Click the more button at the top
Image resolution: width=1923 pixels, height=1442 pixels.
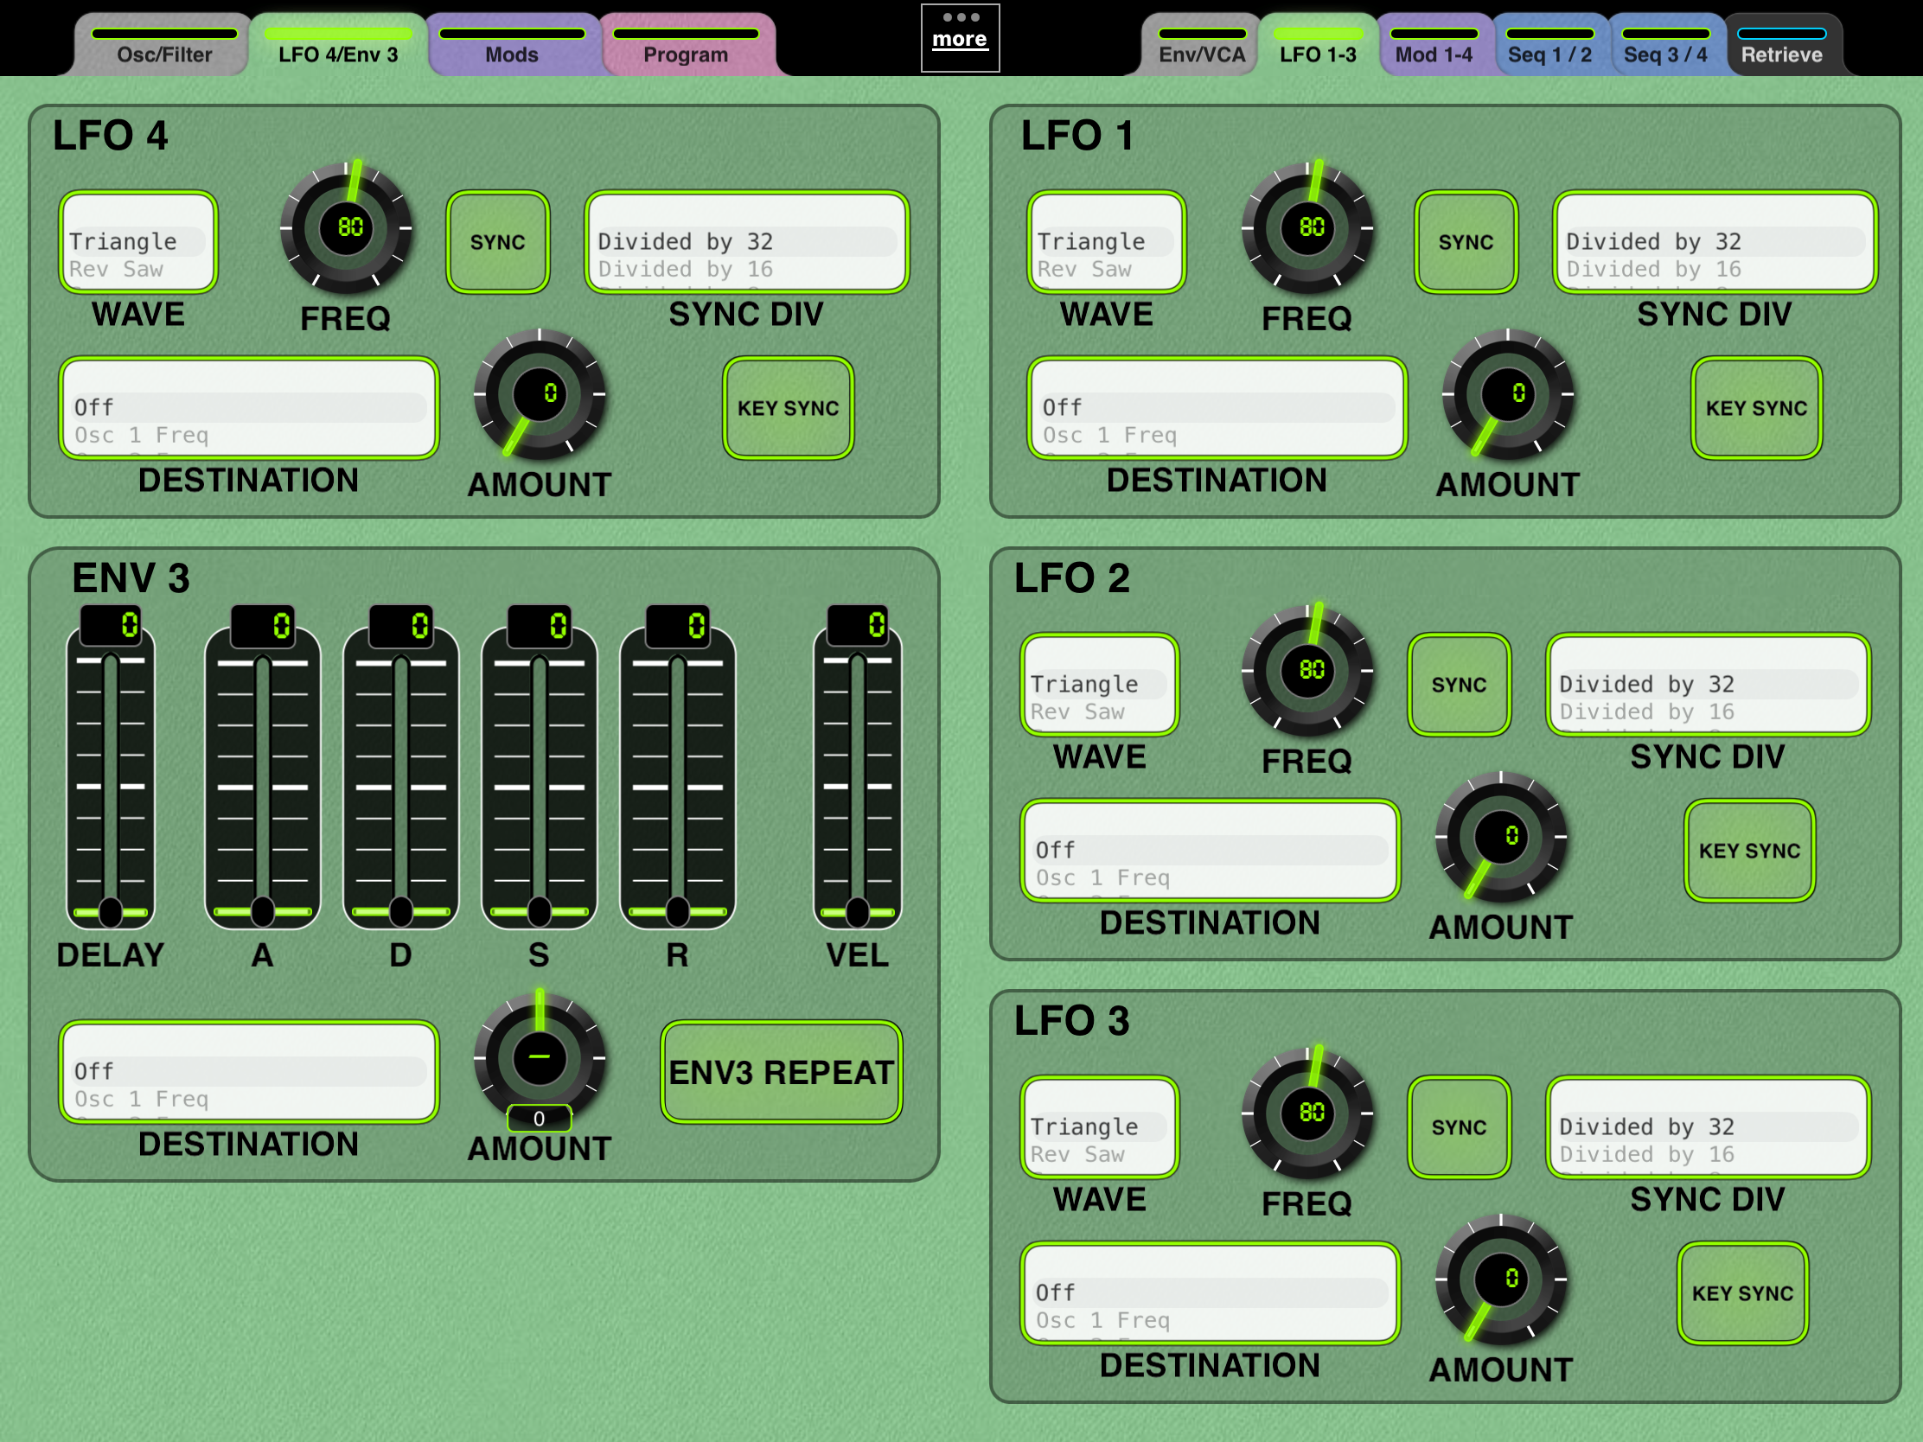[x=960, y=37]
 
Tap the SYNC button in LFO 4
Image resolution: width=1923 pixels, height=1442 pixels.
[x=498, y=242]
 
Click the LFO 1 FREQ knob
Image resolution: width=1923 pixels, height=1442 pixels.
[x=1309, y=227]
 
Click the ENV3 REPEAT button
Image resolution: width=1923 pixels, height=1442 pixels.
[x=782, y=1072]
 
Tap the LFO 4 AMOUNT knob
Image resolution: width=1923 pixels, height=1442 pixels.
[x=540, y=394]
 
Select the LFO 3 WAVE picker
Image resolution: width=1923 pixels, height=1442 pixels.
[x=1100, y=1126]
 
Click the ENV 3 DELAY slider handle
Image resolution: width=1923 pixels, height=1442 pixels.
[x=111, y=911]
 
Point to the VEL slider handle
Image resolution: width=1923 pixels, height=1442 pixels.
[x=857, y=911]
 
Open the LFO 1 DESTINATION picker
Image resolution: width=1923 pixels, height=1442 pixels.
[x=1217, y=408]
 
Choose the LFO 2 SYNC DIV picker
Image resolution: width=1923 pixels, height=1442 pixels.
[x=1709, y=684]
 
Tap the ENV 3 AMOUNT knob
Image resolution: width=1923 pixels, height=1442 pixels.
[x=540, y=1058]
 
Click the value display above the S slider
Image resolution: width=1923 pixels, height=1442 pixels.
[x=539, y=626]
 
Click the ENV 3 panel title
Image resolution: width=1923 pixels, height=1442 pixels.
[x=131, y=578]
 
